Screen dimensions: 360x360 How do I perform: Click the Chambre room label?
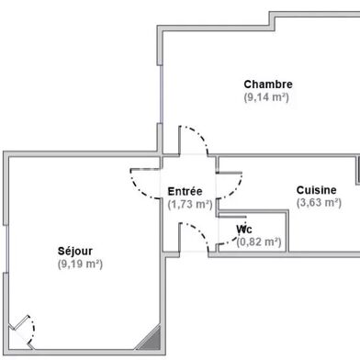[x=267, y=85]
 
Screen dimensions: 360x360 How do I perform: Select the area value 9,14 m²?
[x=267, y=97]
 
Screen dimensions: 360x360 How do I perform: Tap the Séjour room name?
[x=75, y=251]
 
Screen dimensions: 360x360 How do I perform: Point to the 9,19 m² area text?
[x=79, y=264]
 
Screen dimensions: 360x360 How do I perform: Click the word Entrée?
[x=186, y=191]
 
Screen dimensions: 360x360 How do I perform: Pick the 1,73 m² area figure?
[x=190, y=204]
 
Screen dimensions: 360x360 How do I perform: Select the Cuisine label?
[x=317, y=190]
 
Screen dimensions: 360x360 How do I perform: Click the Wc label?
[x=244, y=229]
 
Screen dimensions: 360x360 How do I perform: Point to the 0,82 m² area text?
[x=259, y=242]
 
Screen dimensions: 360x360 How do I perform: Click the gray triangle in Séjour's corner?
[x=150, y=339]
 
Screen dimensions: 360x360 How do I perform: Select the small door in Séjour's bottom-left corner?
[x=25, y=328]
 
